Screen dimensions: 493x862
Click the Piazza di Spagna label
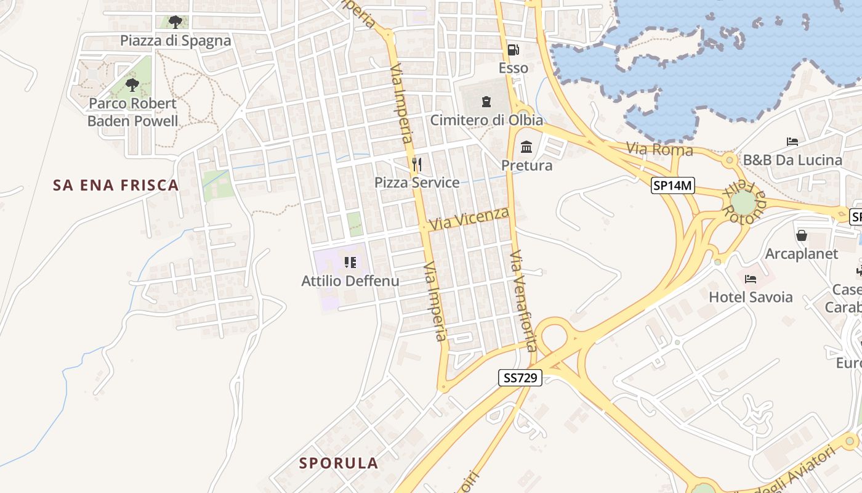pos(175,41)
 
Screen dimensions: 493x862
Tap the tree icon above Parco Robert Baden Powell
pos(132,84)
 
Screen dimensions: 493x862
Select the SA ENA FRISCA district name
pos(116,185)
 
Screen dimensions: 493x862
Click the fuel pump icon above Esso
pos(513,50)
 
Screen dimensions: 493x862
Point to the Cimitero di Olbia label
pos(486,120)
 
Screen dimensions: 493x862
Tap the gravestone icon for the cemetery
pos(486,101)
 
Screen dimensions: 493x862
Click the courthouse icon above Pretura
pos(526,147)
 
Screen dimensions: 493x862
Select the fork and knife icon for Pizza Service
pos(417,164)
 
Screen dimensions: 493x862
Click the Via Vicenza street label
pos(470,219)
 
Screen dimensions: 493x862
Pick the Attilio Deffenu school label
pos(350,281)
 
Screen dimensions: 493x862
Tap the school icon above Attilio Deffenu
pos(350,263)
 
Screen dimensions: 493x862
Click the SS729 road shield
pos(520,378)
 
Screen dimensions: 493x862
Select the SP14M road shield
pos(673,185)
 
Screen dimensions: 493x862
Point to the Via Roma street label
pos(659,150)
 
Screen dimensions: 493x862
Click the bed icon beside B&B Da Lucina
pos(792,142)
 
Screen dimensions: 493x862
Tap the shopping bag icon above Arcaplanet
pos(802,235)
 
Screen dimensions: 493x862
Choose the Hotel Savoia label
pos(751,297)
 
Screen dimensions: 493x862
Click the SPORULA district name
pos(339,463)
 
